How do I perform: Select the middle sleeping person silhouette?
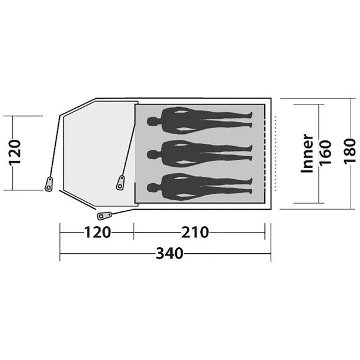(x=200, y=152)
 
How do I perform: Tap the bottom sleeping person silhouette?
(x=200, y=186)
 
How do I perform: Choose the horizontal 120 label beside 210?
(x=96, y=232)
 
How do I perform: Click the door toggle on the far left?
(x=49, y=183)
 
